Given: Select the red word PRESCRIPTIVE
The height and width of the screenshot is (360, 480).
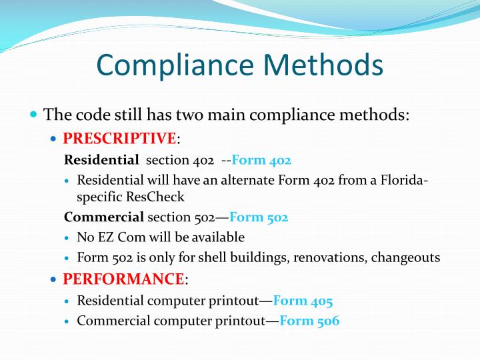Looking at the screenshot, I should (x=119, y=139).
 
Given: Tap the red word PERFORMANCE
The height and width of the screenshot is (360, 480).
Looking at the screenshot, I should (x=123, y=279).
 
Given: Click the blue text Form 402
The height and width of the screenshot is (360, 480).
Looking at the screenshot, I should (x=261, y=160).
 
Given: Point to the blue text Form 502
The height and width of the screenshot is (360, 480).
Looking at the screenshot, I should (x=259, y=217).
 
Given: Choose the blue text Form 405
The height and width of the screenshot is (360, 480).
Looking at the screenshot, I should (x=303, y=301).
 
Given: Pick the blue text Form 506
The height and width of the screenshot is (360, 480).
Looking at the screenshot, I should (x=309, y=321).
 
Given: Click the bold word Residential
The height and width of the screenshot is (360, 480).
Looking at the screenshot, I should (x=101, y=160).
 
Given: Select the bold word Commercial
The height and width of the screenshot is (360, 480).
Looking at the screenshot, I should (x=104, y=217).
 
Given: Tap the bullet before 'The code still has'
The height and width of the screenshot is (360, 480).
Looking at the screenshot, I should (x=34, y=114).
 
